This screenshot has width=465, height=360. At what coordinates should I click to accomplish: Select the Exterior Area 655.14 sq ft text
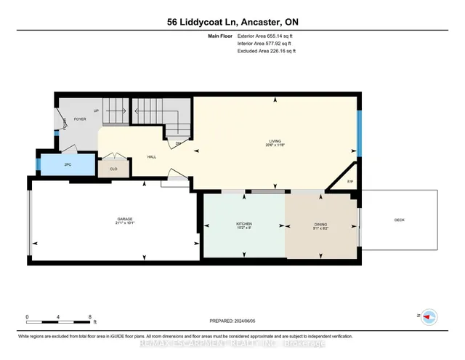267,35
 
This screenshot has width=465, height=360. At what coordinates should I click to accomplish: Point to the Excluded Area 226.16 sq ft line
267,51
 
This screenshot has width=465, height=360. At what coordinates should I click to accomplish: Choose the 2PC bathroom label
68,165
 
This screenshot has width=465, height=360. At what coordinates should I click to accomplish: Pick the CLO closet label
113,169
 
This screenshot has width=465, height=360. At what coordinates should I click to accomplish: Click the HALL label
152,156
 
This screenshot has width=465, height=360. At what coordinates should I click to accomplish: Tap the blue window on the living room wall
358,132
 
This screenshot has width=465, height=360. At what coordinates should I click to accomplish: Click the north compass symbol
429,316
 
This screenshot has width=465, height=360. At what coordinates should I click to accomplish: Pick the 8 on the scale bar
89,317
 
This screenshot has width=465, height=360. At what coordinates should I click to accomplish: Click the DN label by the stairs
178,144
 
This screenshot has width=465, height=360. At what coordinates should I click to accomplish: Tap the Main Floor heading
219,35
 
